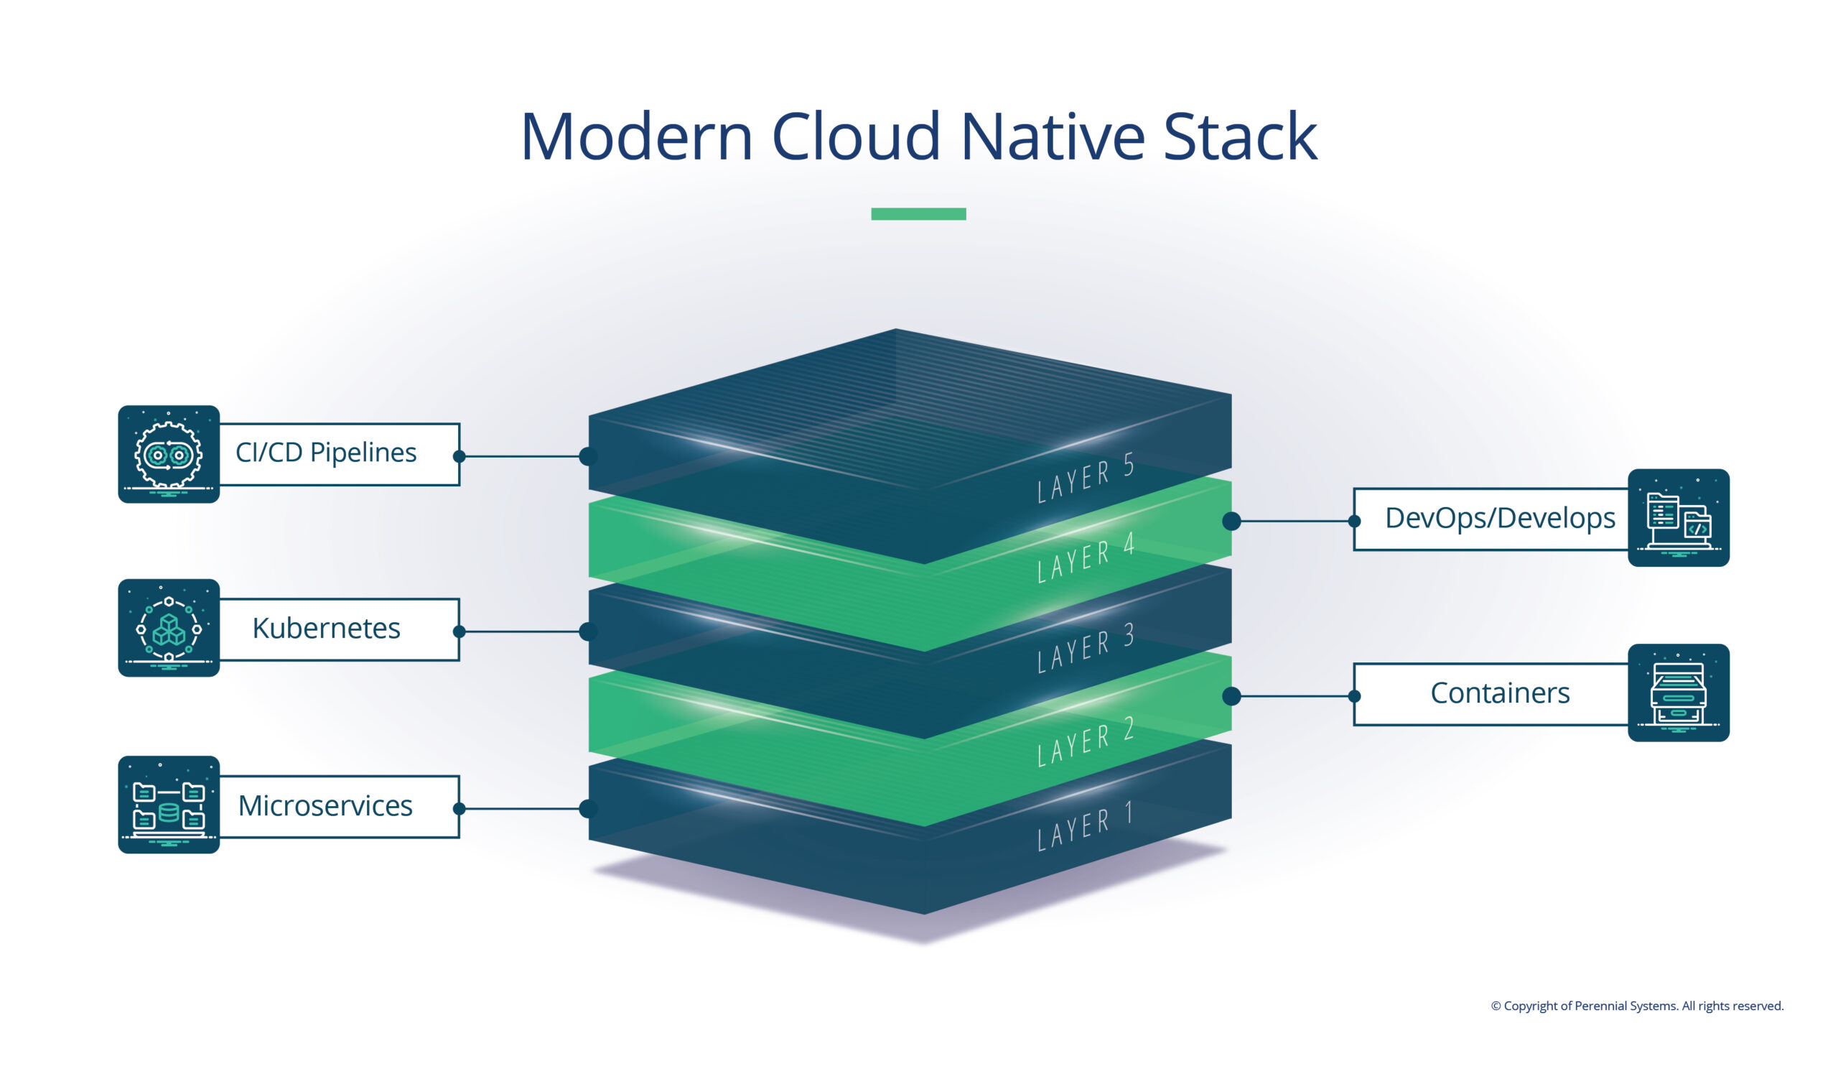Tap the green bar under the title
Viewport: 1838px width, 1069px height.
(918, 214)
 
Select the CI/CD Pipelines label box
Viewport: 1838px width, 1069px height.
(338, 454)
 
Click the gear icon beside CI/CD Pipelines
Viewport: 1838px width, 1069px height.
(169, 454)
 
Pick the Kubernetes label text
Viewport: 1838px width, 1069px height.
(326, 629)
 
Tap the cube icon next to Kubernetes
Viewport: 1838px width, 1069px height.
(169, 628)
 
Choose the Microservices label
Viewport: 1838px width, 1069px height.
(325, 805)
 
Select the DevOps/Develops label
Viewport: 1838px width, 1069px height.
(1500, 518)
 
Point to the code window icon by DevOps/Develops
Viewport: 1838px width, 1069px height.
(1679, 517)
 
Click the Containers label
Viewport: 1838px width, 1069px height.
(1500, 693)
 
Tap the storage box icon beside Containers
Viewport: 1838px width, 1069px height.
(1679, 693)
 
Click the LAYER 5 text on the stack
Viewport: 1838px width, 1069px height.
(1086, 477)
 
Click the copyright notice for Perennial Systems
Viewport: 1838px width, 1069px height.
(1637, 1006)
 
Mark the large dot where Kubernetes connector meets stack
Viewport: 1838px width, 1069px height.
(588, 631)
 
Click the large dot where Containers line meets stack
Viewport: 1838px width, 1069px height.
(1231, 696)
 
